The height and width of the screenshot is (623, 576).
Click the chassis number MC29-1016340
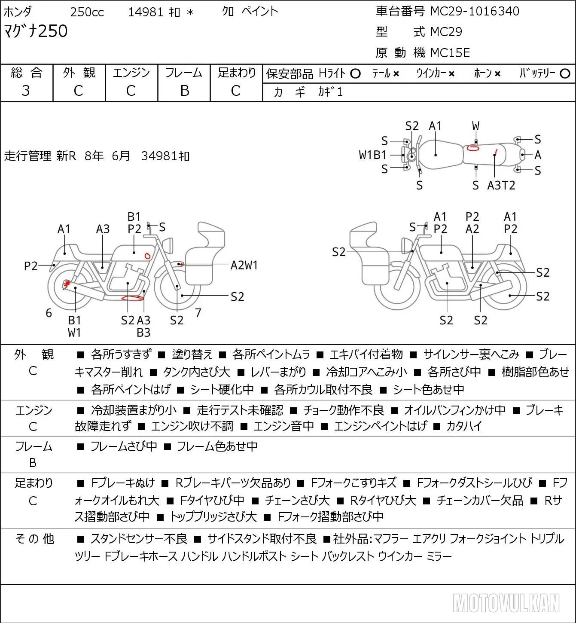pyautogui.click(x=475, y=11)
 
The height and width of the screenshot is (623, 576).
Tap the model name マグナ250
pyautogui.click(x=36, y=31)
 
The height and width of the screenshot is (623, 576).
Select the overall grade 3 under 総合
pyautogui.click(x=26, y=91)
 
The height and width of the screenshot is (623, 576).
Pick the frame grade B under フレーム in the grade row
pyautogui.click(x=184, y=91)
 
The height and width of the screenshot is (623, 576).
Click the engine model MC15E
pyautogui.click(x=450, y=53)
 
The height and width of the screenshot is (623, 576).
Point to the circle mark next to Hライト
pyautogui.click(x=355, y=74)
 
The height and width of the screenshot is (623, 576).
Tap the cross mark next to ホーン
pyautogui.click(x=497, y=74)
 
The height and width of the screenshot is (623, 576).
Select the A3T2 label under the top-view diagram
pyautogui.click(x=501, y=185)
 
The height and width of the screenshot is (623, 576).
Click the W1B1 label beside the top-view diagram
pyautogui.click(x=373, y=155)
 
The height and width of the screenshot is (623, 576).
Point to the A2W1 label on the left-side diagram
pyautogui.click(x=244, y=266)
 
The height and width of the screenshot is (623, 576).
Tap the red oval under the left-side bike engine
pyautogui.click(x=133, y=298)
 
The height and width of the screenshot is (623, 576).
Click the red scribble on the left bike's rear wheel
pyautogui.click(x=66, y=284)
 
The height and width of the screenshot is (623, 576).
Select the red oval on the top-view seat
pyautogui.click(x=473, y=148)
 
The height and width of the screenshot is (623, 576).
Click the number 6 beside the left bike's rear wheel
pyautogui.click(x=49, y=313)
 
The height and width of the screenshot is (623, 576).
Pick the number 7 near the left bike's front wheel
pyautogui.click(x=198, y=313)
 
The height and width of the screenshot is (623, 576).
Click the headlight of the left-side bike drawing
pyautogui.click(x=168, y=246)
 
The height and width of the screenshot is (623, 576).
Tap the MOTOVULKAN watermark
pyautogui.click(x=506, y=603)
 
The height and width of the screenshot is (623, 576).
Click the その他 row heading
pyautogui.click(x=35, y=539)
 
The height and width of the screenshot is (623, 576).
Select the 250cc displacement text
pyautogui.click(x=87, y=12)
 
